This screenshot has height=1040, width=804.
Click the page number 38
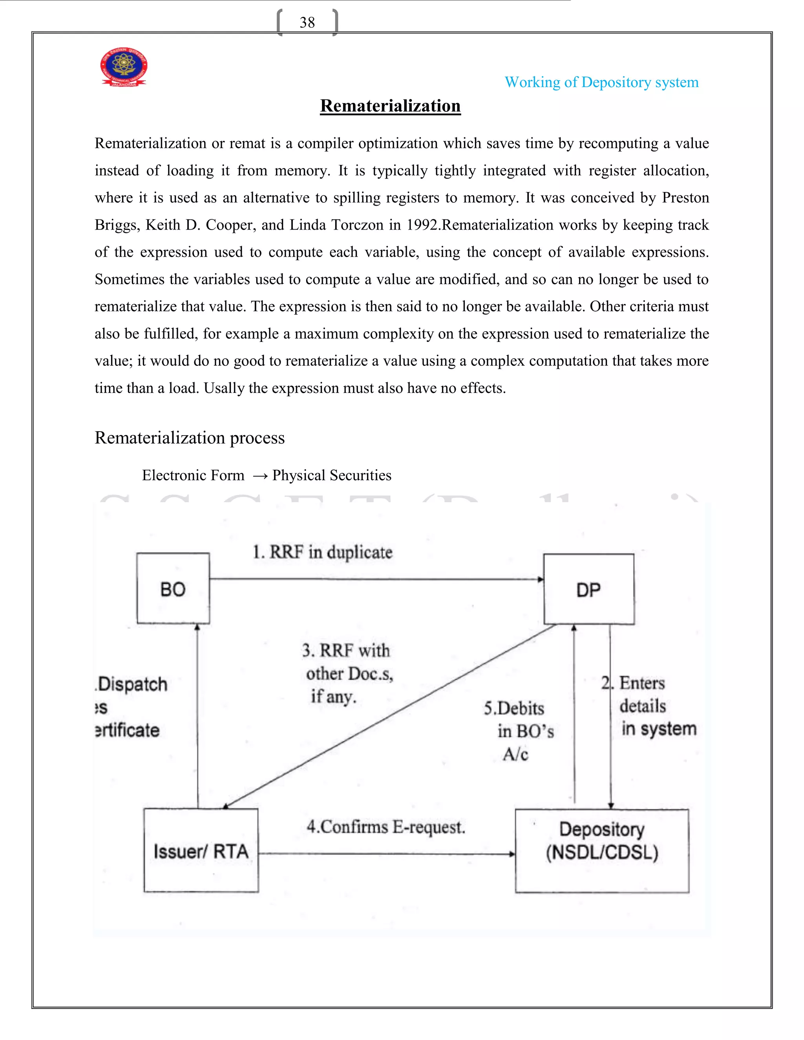[x=307, y=22]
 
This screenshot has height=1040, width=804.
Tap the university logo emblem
[x=124, y=67]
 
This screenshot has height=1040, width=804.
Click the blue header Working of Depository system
[x=601, y=82]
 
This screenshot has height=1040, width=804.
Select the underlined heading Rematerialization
[x=390, y=106]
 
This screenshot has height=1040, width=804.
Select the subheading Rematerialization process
[x=190, y=438]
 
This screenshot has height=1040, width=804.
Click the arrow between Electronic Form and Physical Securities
[x=260, y=476]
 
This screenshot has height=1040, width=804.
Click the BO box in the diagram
[x=173, y=589]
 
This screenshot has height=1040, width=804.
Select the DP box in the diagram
[x=589, y=589]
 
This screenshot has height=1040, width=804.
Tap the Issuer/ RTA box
[x=201, y=850]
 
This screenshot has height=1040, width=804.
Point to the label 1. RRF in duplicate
[x=322, y=553]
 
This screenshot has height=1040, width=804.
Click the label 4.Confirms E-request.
[x=386, y=827]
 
